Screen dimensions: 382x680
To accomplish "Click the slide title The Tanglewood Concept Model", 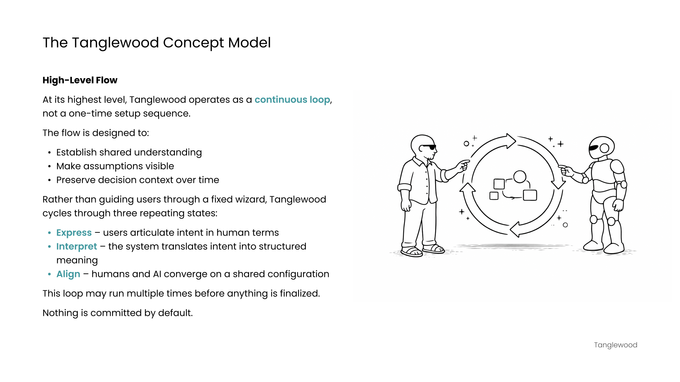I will click(157, 43).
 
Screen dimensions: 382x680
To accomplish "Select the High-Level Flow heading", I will click(80, 80).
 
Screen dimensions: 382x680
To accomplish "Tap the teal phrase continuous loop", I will click(292, 100).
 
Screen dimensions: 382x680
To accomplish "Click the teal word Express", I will click(74, 233).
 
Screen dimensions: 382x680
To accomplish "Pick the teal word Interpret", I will click(76, 247).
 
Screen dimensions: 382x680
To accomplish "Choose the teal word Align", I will click(68, 274).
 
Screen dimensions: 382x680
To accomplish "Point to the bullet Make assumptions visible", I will click(115, 166).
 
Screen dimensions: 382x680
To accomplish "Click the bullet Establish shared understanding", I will click(129, 152).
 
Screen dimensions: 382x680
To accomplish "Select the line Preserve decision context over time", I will click(137, 180).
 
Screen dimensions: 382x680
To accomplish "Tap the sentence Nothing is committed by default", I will click(118, 313).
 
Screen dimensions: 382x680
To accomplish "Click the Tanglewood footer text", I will click(616, 345).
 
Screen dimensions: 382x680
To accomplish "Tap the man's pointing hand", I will click(462, 165).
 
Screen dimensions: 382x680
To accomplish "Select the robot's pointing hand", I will click(566, 170).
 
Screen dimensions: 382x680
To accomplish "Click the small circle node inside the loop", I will click(520, 176).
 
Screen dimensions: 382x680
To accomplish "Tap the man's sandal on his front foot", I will click(412, 252).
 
